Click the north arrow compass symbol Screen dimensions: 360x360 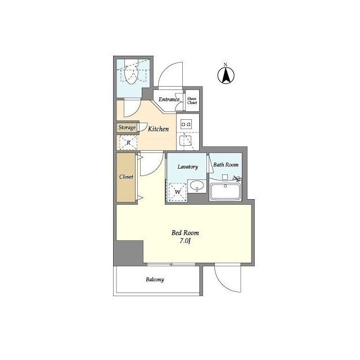click(226, 75)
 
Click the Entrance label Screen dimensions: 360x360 click(169, 100)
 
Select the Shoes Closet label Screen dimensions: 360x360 click(192, 101)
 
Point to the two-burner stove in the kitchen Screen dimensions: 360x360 click(186, 124)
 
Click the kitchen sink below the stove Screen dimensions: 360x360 click(186, 141)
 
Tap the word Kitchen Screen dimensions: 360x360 click(158, 129)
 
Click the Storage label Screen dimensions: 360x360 click(127, 128)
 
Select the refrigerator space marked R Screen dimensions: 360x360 click(128, 142)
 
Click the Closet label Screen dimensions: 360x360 click(126, 177)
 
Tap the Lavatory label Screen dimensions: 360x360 click(187, 166)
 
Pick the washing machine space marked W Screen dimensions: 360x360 click(178, 192)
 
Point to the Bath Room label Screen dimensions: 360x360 click(226, 165)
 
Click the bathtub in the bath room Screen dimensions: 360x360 click(226, 191)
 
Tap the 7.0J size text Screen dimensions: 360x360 click(185, 241)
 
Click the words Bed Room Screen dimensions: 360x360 click(185, 233)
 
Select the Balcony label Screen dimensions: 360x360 click(155, 280)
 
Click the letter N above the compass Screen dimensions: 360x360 click(225, 65)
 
